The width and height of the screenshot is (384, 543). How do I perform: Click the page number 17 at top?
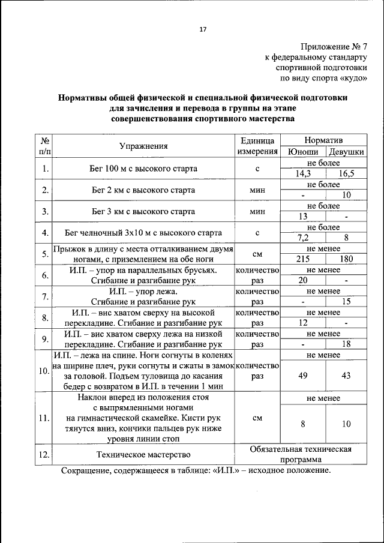(x=203, y=29)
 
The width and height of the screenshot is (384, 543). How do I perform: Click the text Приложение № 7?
(x=332, y=46)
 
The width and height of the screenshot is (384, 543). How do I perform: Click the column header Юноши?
(x=303, y=152)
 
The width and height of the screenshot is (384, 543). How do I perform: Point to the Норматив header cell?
(x=324, y=140)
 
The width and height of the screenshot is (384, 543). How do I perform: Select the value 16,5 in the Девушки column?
(x=346, y=174)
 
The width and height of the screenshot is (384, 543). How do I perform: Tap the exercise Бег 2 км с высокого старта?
(x=143, y=190)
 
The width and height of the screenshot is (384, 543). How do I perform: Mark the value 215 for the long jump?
(x=303, y=259)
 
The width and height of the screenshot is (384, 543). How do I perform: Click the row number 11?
(x=44, y=418)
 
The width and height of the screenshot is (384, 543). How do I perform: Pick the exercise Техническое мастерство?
(x=143, y=455)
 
